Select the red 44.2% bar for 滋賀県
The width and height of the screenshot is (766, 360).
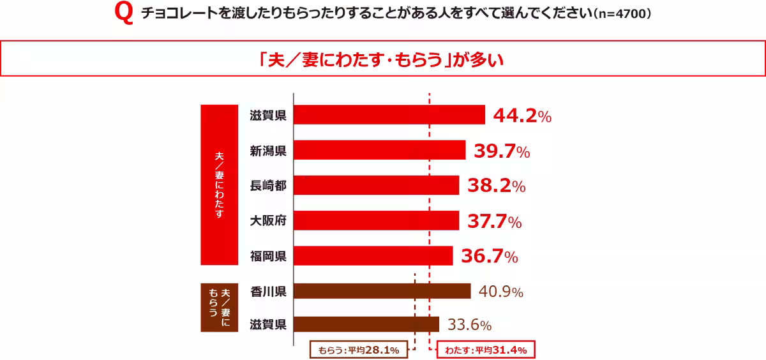tap(389, 115)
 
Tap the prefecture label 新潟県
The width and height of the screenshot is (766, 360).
tap(267, 151)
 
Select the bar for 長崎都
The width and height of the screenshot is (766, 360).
tap(376, 186)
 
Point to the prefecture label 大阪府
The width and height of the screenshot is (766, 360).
tap(267, 221)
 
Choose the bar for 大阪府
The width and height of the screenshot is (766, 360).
tap(376, 221)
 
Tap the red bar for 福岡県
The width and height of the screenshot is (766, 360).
tap(373, 256)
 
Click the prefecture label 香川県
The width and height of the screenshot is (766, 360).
tap(267, 292)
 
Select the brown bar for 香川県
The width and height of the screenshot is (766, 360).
tap(382, 292)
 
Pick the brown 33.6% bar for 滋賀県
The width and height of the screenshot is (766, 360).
tap(366, 324)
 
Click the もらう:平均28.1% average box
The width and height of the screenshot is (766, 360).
tap(358, 350)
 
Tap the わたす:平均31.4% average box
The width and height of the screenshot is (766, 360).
tap(485, 350)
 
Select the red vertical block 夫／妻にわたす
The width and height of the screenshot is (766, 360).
tap(219, 185)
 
